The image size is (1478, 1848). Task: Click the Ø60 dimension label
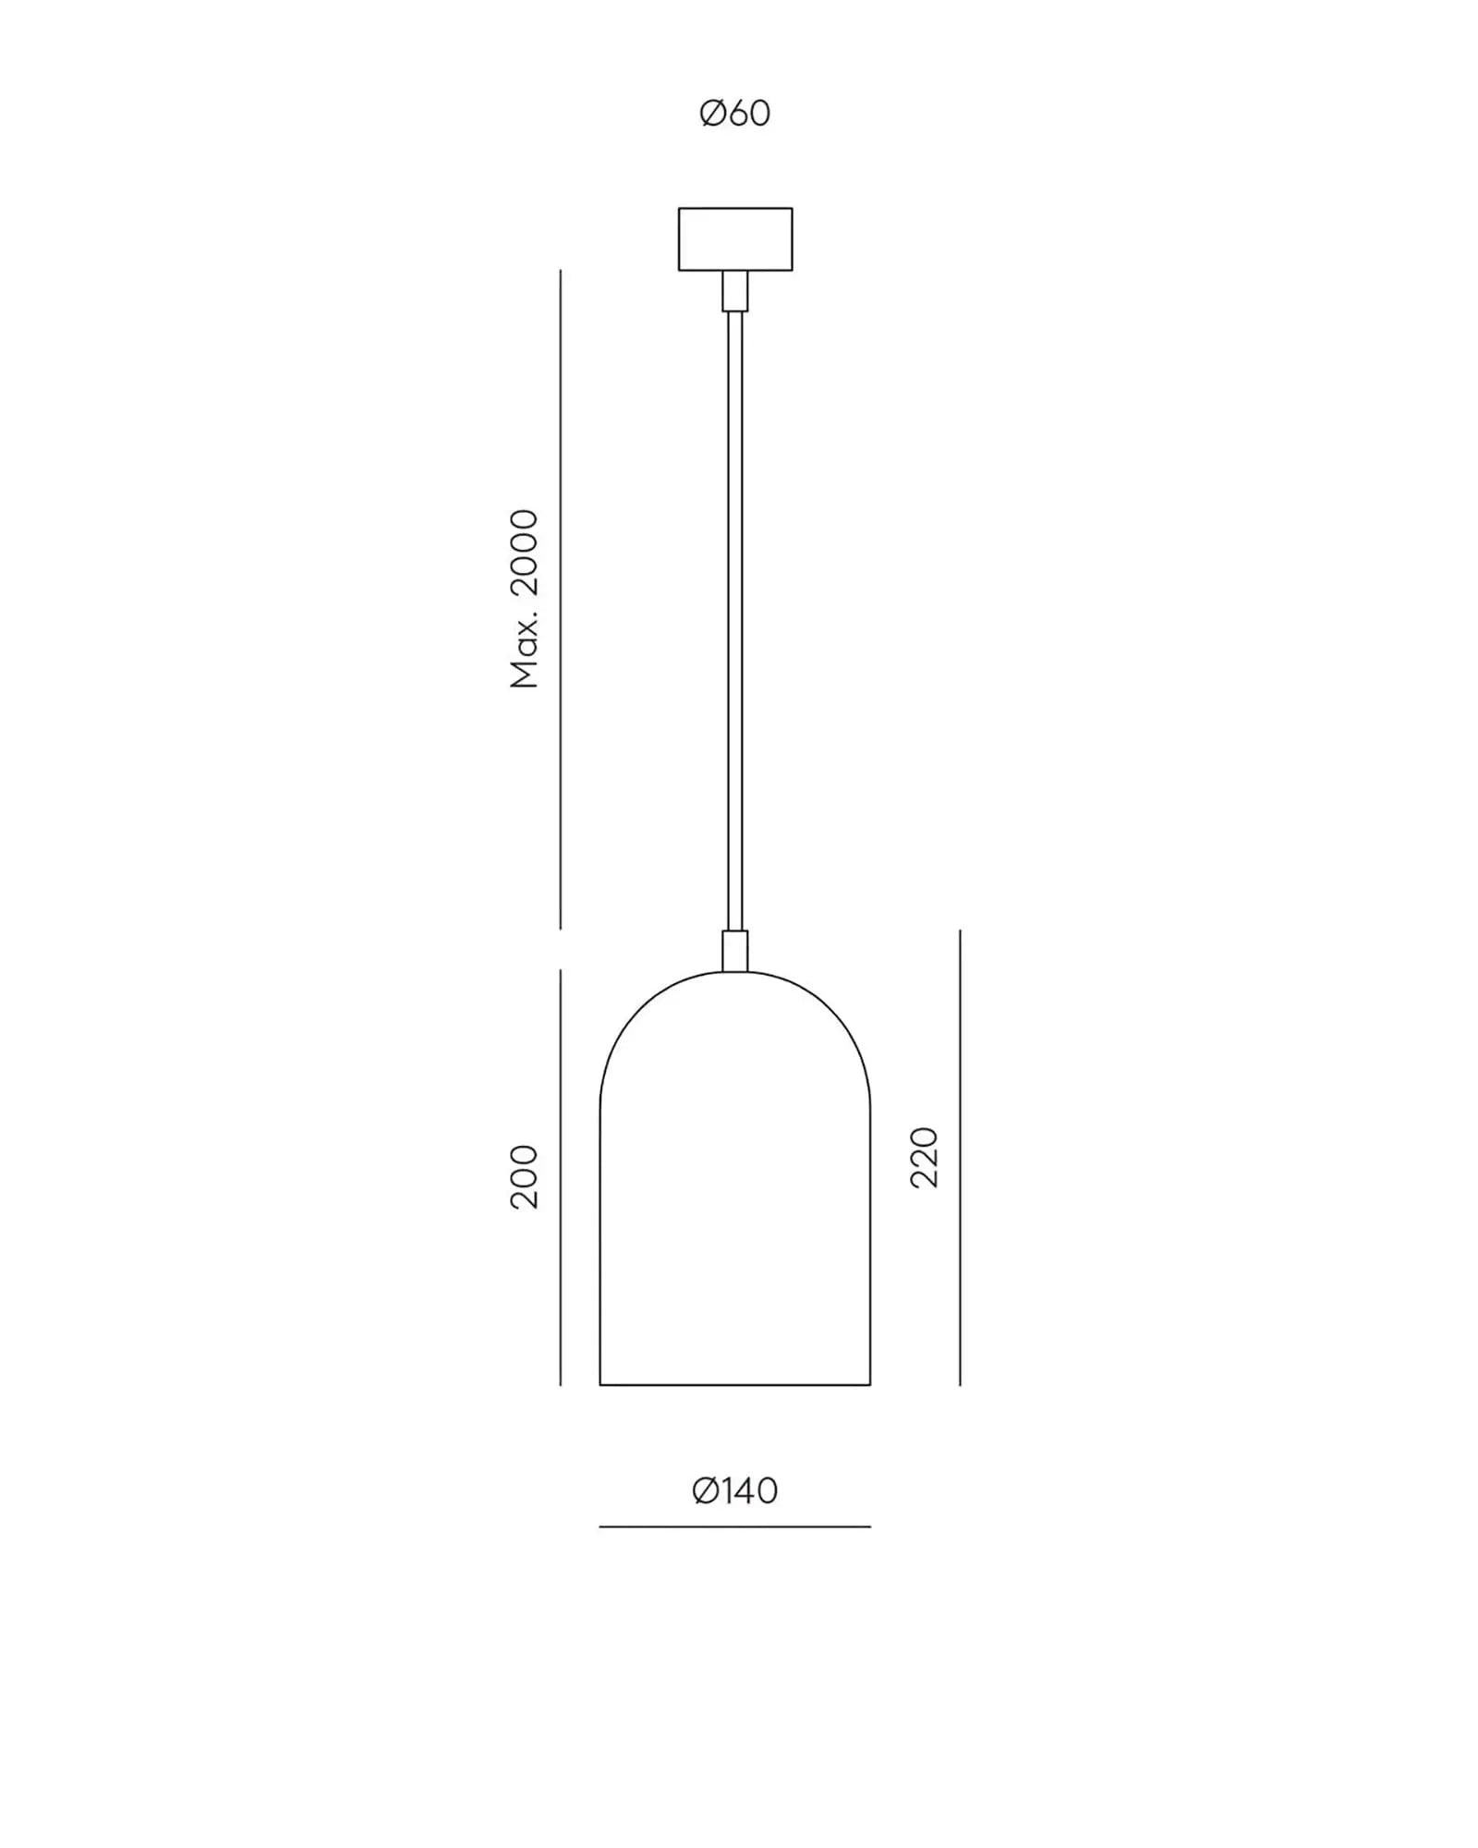click(735, 114)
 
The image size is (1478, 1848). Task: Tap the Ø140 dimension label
click(735, 1490)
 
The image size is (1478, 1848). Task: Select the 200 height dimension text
click(524, 1176)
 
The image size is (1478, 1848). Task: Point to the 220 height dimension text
click(924, 1157)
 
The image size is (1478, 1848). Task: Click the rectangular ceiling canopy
click(735, 239)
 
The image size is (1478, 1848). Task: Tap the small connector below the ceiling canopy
click(735, 291)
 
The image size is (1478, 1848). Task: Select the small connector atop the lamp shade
click(735, 951)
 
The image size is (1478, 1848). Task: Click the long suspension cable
click(735, 621)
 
